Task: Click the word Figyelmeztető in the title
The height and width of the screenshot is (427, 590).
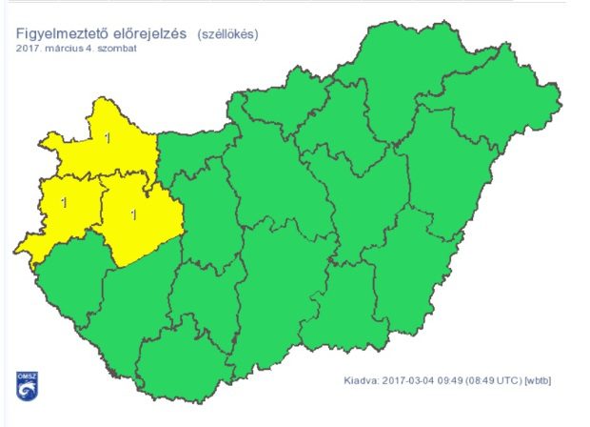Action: pyautogui.click(x=57, y=34)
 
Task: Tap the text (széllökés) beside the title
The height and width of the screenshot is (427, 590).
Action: pyautogui.click(x=228, y=34)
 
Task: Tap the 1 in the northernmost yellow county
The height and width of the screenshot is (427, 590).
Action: pyautogui.click(x=107, y=139)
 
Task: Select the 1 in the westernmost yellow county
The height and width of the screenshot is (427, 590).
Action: pyautogui.click(x=64, y=202)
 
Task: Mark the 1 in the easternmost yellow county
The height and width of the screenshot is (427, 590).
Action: pyautogui.click(x=132, y=214)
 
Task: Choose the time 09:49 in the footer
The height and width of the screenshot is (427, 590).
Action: pyautogui.click(x=455, y=380)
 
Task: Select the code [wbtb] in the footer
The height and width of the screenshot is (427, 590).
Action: pyautogui.click(x=538, y=380)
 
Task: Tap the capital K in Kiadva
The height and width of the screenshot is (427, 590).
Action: pyautogui.click(x=347, y=380)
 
